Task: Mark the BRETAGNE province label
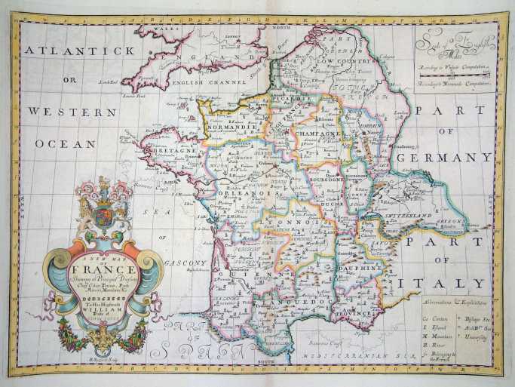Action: (175, 151)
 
